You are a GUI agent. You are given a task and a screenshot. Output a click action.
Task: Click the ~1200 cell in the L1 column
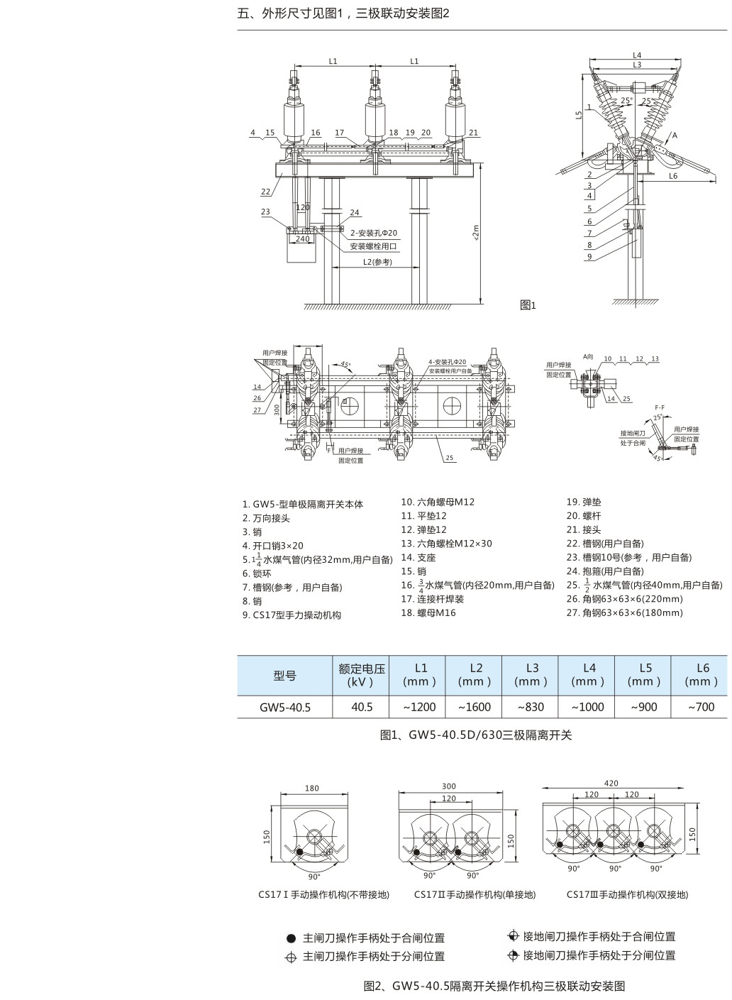418,707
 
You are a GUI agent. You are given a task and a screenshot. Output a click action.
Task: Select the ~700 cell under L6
701,707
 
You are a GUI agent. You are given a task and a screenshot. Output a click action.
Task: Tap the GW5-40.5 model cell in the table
284,707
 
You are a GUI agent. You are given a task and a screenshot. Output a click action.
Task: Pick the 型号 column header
284,675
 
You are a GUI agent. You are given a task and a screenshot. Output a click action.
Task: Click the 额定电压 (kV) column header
361,675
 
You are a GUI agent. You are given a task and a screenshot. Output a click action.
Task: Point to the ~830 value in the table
531,707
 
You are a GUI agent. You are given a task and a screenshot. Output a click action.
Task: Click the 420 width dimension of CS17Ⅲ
611,784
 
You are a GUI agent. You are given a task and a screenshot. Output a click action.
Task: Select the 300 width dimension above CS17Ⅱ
448,786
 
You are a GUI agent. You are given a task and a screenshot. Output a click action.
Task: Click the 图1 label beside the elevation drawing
528,305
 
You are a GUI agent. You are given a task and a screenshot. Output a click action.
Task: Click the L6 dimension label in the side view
672,176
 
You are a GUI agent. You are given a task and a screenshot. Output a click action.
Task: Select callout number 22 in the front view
265,192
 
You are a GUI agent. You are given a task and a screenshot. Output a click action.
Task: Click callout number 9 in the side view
589,257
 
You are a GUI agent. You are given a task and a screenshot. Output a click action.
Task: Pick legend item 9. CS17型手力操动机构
292,615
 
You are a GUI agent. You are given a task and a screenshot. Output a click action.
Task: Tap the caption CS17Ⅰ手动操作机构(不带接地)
323,895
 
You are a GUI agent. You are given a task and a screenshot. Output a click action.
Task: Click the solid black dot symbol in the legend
291,938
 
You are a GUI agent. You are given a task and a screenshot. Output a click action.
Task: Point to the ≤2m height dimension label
475,233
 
